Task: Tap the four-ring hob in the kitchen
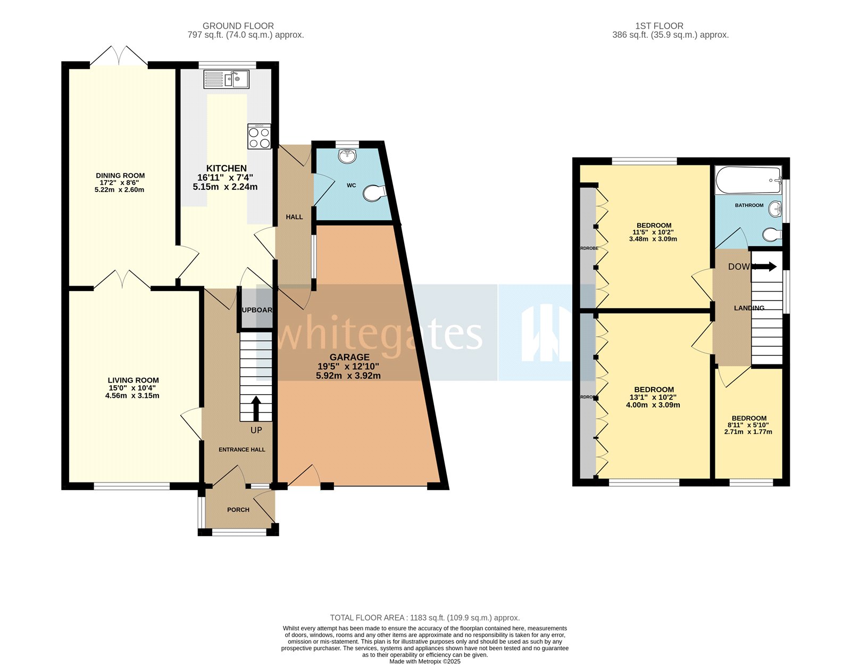(259, 136)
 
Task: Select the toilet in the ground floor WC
(375, 193)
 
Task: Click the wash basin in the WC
(348, 156)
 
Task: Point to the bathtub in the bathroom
(748, 180)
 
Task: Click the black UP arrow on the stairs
(256, 408)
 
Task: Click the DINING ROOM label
(120, 176)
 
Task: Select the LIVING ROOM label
(133, 380)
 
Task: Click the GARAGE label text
(349, 358)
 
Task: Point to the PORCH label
(238, 510)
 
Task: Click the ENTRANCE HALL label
(242, 450)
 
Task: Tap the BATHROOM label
(749, 205)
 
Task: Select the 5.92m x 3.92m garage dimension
(348, 376)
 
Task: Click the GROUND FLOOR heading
(238, 26)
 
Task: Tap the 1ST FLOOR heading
(660, 26)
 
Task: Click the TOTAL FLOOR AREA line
(424, 618)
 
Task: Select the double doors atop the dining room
(119, 56)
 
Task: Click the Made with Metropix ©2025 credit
(424, 661)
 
